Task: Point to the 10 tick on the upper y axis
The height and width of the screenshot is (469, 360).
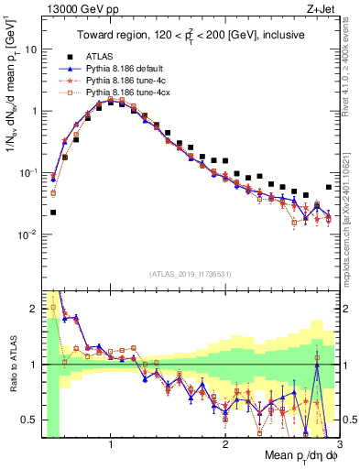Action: (x=29, y=49)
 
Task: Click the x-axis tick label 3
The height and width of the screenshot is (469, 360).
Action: (x=338, y=444)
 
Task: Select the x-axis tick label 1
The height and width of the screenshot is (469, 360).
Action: (x=111, y=444)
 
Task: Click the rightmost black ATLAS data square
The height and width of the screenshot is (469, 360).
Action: (x=328, y=188)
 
